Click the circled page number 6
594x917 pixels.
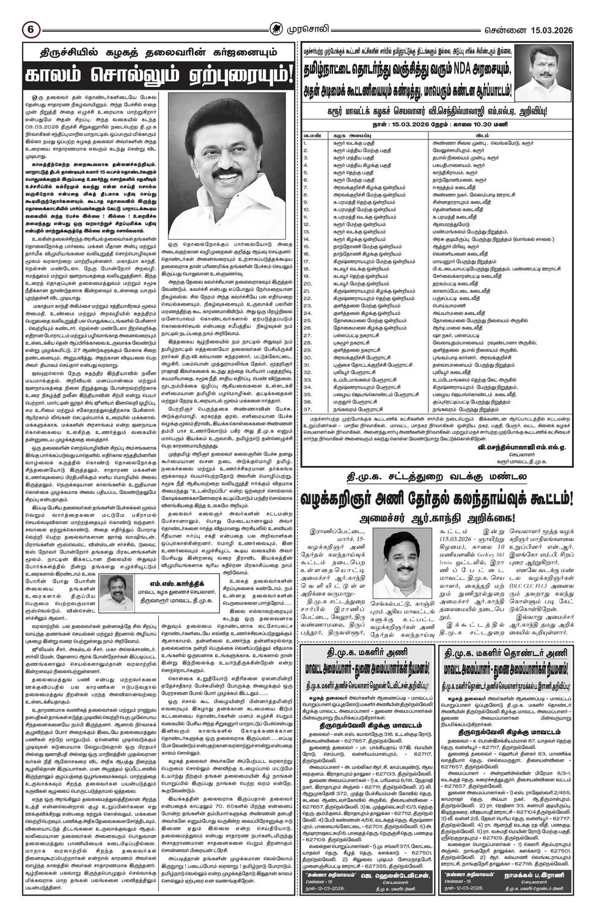(29, 28)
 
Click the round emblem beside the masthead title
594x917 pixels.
(278, 28)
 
